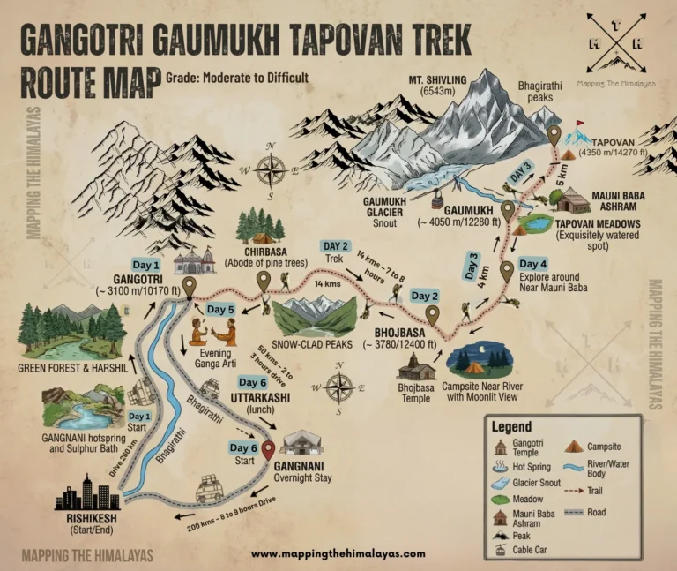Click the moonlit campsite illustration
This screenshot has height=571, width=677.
pos(480,361)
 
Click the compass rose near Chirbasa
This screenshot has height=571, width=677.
pos(273,167)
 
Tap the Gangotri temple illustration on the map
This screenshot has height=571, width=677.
pos(195,261)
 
